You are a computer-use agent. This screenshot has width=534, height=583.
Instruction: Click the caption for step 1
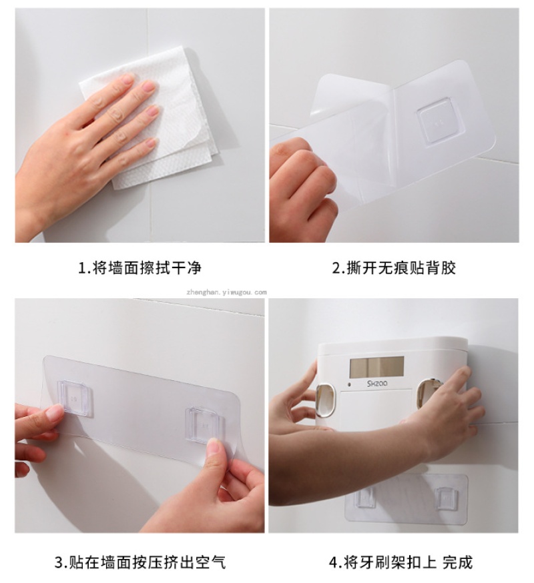(140, 267)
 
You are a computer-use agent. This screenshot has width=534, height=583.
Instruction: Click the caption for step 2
(394, 267)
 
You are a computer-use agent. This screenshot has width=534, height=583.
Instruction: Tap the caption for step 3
(140, 562)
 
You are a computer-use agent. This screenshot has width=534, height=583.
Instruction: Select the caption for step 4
(400, 562)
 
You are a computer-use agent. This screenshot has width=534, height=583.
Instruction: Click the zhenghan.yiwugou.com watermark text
(227, 292)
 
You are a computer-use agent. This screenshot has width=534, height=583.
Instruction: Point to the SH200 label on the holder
(377, 384)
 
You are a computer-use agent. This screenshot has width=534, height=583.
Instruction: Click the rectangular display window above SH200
(376, 366)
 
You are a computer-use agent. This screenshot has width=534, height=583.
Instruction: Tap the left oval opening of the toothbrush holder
(324, 400)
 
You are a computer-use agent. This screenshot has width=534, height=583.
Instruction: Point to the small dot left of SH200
(349, 384)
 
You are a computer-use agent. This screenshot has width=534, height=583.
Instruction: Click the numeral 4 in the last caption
(333, 562)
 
